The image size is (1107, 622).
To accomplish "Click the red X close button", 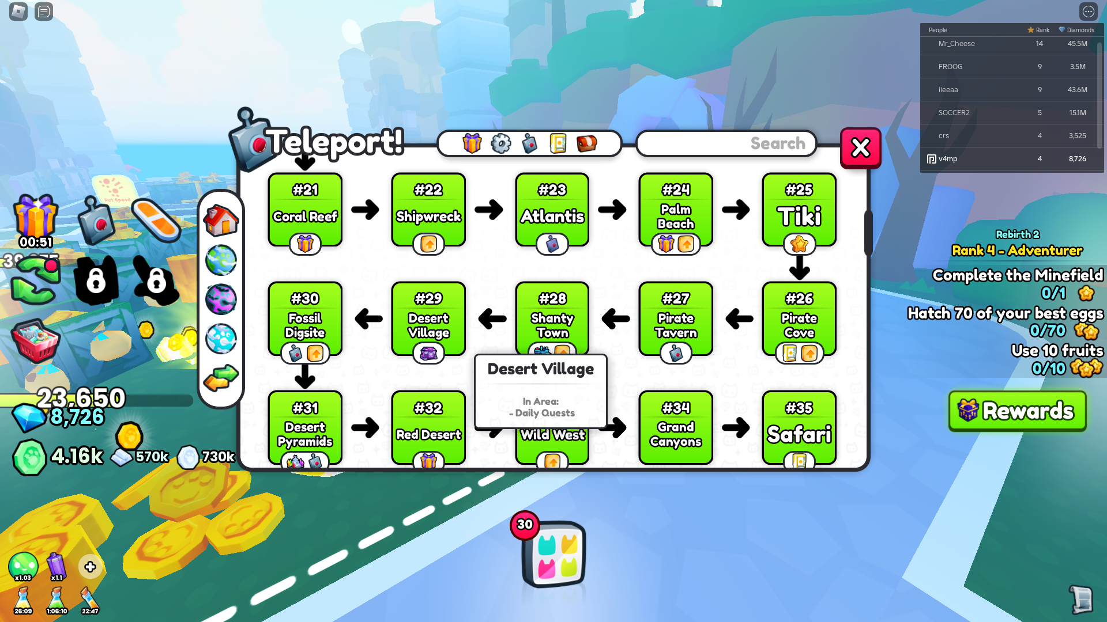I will pos(860,148).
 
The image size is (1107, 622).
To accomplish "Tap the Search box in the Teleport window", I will pos(726,143).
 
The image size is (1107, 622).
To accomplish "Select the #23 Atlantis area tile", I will pos(552,208).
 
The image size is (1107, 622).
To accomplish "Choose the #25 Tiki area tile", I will pos(799,208).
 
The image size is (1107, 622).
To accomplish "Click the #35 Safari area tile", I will pos(799,427).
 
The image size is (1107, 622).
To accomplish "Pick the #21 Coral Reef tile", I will pos(305,208).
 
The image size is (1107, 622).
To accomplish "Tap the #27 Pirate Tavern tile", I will pos(676,318).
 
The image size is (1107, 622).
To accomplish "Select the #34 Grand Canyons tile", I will pos(676,427).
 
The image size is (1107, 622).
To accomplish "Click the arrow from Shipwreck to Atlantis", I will pos(489,210).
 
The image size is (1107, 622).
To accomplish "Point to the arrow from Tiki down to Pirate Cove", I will pos(799,267).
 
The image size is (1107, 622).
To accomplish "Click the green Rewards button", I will pos(1017,411).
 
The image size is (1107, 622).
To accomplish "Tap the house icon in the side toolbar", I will pos(221,220).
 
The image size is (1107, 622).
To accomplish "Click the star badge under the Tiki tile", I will pos(799,244).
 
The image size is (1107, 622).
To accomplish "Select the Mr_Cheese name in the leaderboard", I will pos(956,44).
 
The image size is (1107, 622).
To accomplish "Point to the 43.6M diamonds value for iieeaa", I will pos(1077,90).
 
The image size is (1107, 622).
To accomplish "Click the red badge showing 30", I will pos(525,525).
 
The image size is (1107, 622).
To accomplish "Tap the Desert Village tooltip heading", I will pos(540,369).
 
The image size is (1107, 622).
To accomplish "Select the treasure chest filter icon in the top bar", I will pos(586,143).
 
